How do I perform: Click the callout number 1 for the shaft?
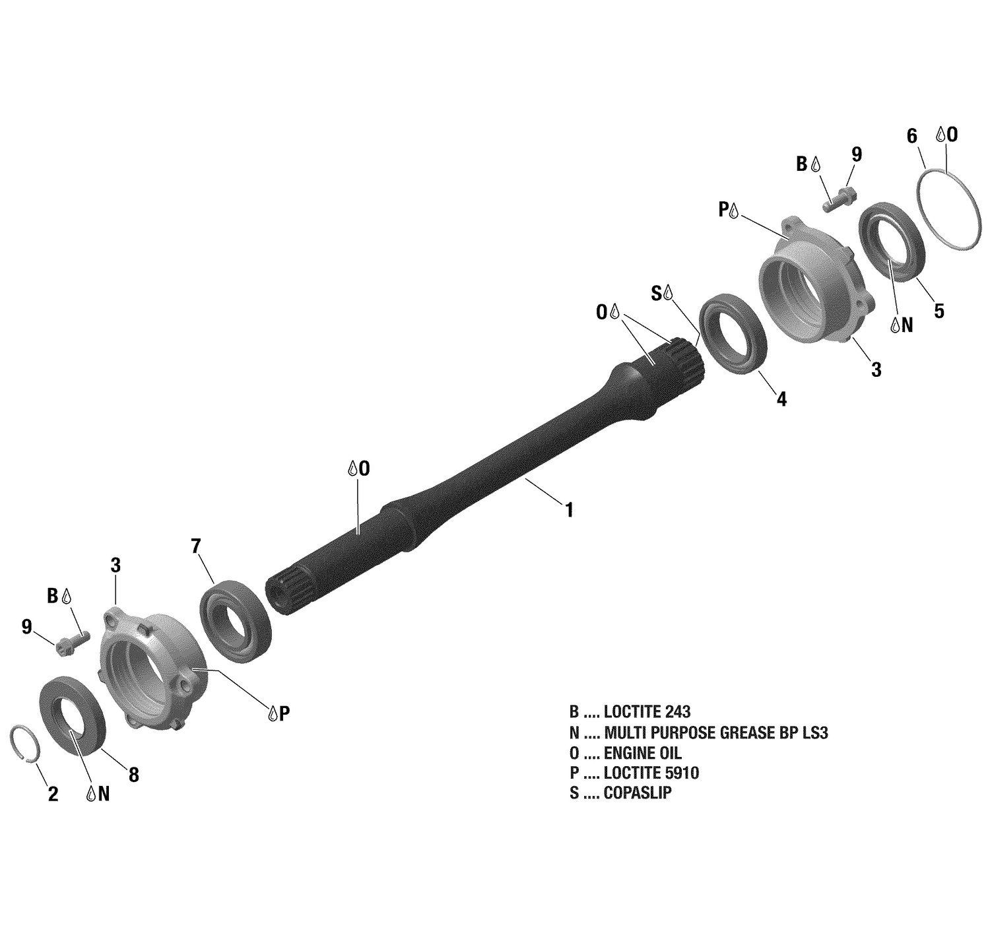pyautogui.click(x=568, y=510)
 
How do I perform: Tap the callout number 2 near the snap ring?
pyautogui.click(x=53, y=794)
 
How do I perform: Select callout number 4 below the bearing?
pyautogui.click(x=781, y=399)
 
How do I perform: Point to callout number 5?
pyautogui.click(x=939, y=311)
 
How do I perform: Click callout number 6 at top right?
pyautogui.click(x=912, y=137)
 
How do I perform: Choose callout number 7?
pyautogui.click(x=195, y=546)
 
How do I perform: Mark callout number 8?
pyautogui.click(x=134, y=775)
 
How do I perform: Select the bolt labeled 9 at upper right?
pyautogui.click(x=840, y=199)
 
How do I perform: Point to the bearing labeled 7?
pyautogui.click(x=236, y=619)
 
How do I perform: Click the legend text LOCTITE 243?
pyautogui.click(x=647, y=712)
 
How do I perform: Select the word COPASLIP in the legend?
pyautogui.click(x=638, y=794)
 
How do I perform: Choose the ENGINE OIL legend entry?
pyautogui.click(x=642, y=753)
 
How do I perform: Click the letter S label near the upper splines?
pyautogui.click(x=657, y=294)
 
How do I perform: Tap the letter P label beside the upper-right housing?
pyautogui.click(x=724, y=210)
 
